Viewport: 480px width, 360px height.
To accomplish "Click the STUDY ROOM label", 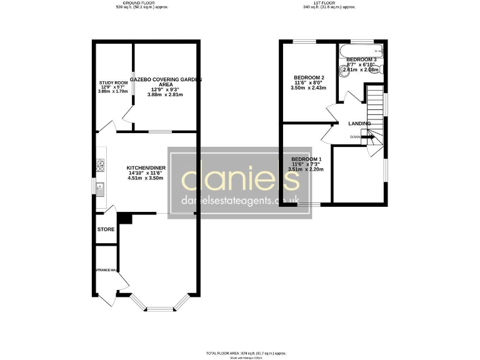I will coord(113,82).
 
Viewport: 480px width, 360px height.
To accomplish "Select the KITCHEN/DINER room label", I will coord(146,168).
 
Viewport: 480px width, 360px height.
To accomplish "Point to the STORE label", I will coord(106,229).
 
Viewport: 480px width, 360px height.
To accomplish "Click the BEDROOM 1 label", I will coord(306,159).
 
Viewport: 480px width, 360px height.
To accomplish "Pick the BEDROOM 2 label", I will coord(309,77).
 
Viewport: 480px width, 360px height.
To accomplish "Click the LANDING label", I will coord(359,124).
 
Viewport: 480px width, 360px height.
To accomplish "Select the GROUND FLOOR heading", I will coord(142,3).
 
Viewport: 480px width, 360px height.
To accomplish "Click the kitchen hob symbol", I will coord(100,165).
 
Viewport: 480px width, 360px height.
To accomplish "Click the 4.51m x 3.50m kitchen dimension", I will coord(146,178).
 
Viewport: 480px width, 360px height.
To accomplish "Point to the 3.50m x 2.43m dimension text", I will coord(309,88).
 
